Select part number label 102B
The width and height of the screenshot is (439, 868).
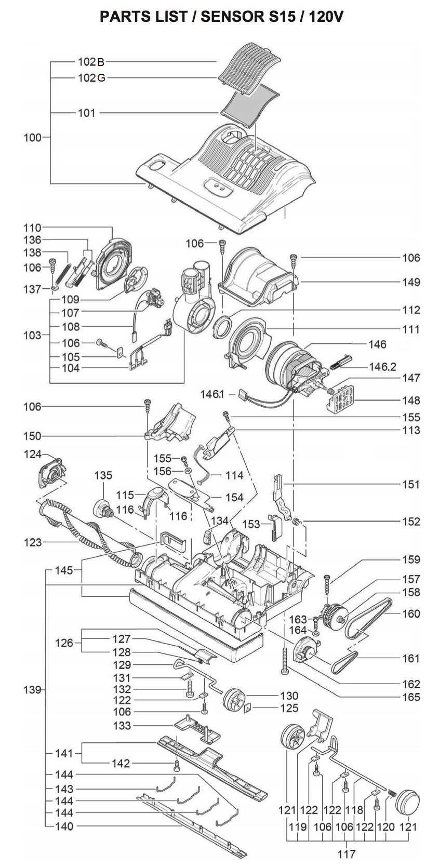pos(91,62)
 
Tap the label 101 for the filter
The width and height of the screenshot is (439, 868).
pos(87,113)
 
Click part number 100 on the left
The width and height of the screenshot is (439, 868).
pos(32,138)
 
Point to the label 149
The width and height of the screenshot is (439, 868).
pos(410,282)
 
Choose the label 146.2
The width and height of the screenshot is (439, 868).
pos(383,367)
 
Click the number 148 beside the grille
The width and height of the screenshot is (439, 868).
pos(410,400)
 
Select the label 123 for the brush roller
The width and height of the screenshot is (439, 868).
pos(32,542)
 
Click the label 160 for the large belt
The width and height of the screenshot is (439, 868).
pos(410,613)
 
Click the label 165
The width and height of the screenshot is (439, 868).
pos(410,697)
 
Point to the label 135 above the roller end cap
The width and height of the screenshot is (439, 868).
pos(103,475)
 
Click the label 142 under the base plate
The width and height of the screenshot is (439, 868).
pos(122,764)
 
